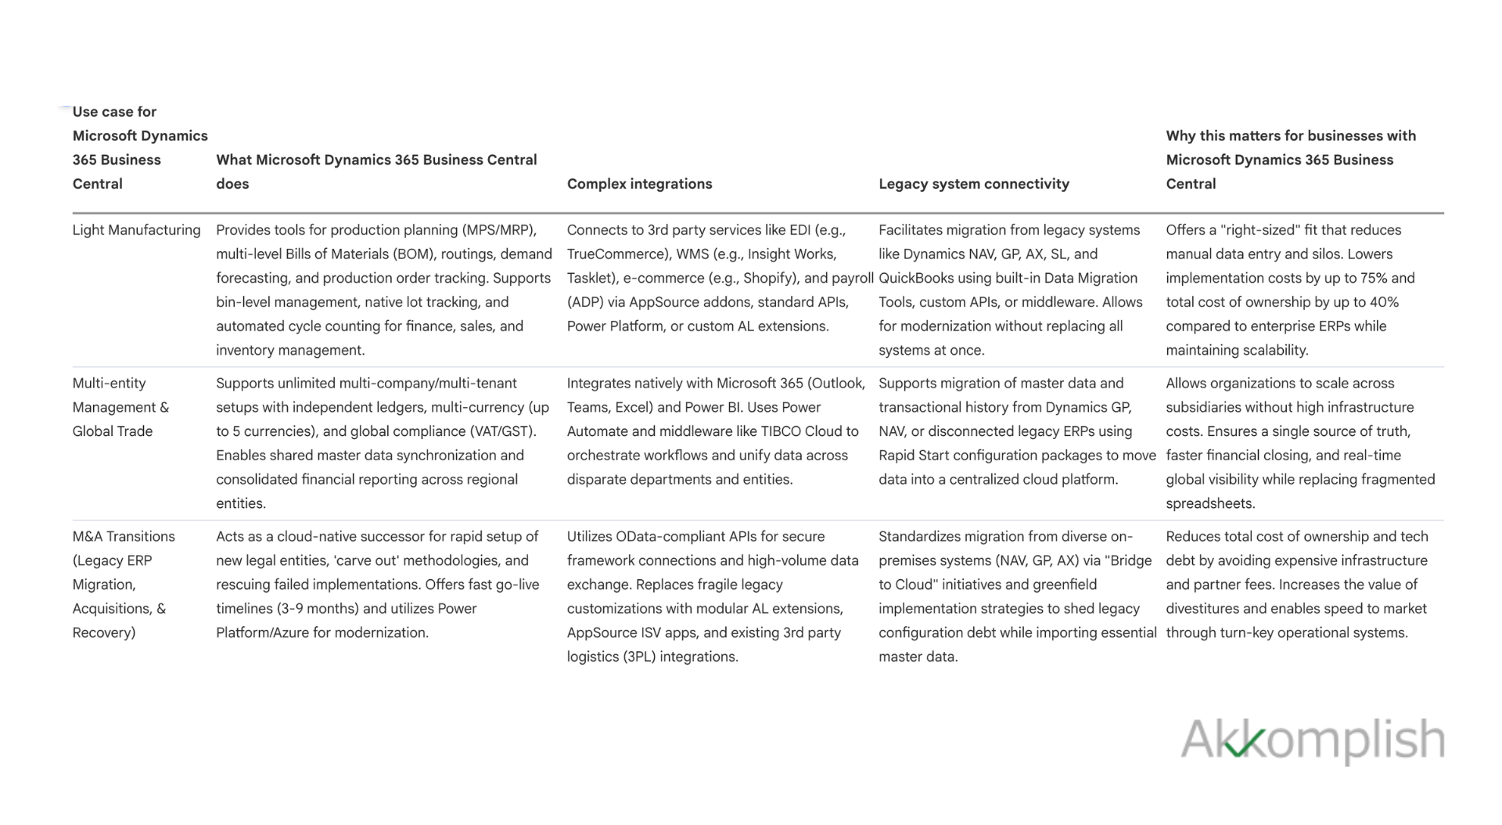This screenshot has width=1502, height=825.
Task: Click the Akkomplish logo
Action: coord(1312,740)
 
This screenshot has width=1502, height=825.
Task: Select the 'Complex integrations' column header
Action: coord(639,184)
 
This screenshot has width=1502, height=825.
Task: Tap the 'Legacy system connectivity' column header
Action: coord(973,184)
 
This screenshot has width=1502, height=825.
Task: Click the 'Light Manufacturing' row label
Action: coord(136,230)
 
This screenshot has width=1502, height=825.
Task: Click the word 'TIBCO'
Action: coord(782,431)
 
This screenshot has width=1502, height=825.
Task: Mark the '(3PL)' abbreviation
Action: coord(639,657)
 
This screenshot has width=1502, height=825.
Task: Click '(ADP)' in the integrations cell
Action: coord(583,302)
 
